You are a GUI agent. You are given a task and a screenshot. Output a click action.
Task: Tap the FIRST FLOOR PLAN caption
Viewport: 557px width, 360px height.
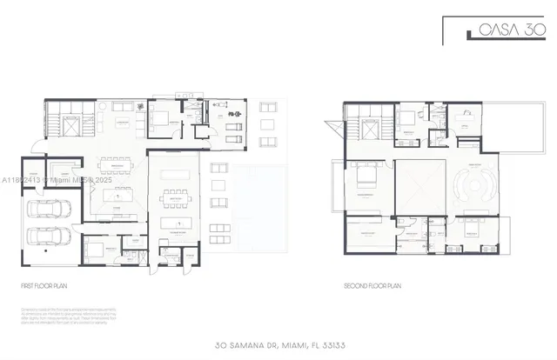44,285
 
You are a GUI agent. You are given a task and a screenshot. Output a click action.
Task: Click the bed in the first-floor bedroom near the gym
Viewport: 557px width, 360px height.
162,120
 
